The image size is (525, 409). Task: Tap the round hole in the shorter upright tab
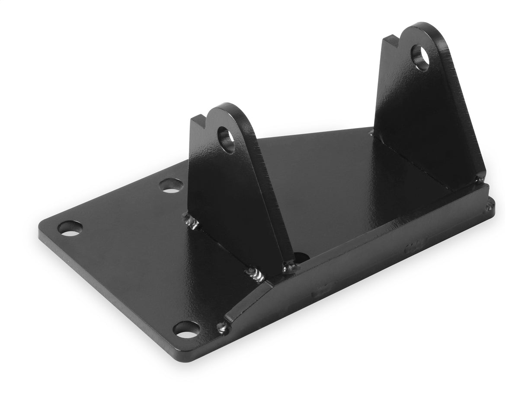(x=227, y=139)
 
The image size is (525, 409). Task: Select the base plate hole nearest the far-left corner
(x=70, y=228)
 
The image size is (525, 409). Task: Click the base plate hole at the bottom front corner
(x=186, y=329)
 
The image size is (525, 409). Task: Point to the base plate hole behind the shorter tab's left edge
(x=171, y=186)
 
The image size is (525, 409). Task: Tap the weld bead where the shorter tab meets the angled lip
(x=256, y=275)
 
